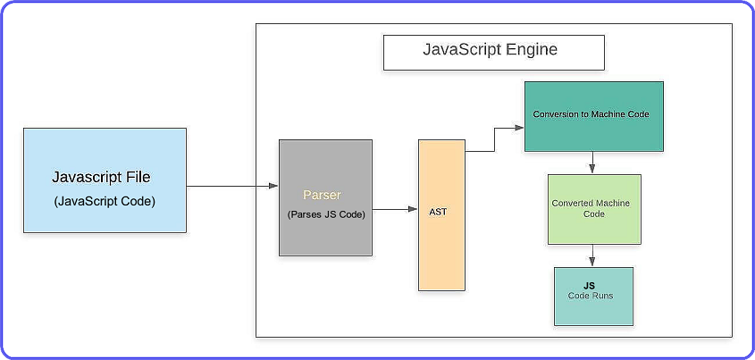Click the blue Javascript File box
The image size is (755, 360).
105,180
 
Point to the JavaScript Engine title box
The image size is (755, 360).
493,53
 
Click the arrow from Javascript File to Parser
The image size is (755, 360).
232,186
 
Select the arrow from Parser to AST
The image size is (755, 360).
395,211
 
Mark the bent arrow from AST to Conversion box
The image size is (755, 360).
494,139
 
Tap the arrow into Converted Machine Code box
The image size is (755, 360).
593,163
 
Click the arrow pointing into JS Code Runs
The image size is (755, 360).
593,255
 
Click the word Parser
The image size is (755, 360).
322,194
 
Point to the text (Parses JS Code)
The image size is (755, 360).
326,214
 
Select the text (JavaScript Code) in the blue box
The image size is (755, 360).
105,201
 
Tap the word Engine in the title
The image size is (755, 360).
529,49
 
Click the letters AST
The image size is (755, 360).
438,212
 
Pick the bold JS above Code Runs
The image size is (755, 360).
590,286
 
